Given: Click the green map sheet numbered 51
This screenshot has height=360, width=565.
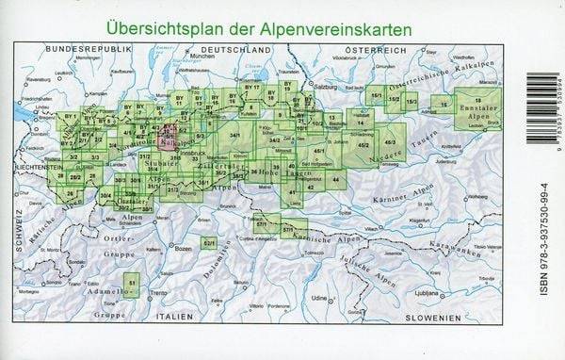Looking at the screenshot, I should tap(134, 282).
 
